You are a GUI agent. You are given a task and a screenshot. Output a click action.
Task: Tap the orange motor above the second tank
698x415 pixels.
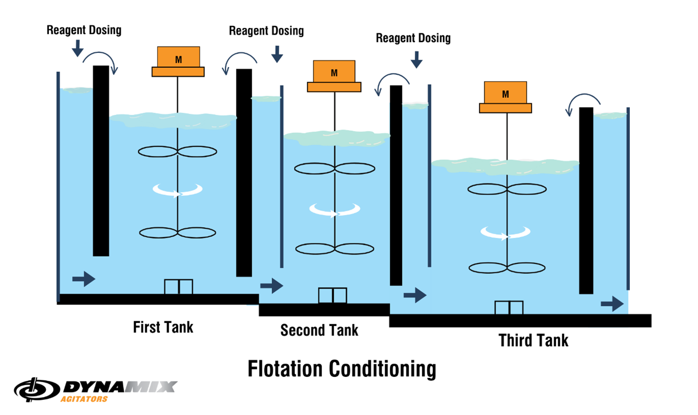pos(334,76)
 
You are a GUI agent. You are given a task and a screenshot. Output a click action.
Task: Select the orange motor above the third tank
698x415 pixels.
pos(505,97)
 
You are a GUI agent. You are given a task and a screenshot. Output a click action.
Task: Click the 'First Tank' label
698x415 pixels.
pos(163,327)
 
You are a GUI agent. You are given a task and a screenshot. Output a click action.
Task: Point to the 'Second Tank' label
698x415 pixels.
pos(319,330)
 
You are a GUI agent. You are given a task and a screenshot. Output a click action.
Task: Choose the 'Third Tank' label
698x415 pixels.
pos(533,340)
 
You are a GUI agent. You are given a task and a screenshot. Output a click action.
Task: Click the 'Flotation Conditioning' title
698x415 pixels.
pos(341,369)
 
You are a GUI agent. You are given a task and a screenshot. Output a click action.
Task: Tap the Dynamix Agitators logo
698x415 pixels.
pos(96,391)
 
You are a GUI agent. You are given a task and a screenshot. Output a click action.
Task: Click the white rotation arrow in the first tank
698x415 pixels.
pos(178,191)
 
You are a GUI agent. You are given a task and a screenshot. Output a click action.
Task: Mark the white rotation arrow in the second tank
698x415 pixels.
pos(335,210)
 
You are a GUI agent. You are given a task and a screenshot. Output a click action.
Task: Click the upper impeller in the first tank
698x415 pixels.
pos(178,151)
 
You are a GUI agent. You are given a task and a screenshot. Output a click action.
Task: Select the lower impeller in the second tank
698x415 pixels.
pos(335,249)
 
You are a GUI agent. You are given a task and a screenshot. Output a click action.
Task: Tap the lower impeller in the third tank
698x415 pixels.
pos(506,268)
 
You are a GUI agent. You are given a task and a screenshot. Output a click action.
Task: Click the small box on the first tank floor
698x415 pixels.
pos(178,287)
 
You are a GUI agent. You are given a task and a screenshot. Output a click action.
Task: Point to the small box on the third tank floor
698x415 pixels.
pos(508,308)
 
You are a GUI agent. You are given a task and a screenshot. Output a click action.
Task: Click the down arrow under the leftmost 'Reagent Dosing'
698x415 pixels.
pos(77,48)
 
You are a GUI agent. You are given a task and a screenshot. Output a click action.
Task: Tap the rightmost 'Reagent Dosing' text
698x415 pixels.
pos(413,38)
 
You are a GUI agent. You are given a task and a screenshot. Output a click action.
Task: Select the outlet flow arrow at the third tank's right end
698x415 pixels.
pos(612,305)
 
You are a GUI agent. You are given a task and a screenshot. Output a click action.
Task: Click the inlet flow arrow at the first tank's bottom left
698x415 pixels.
pos(84,279)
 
